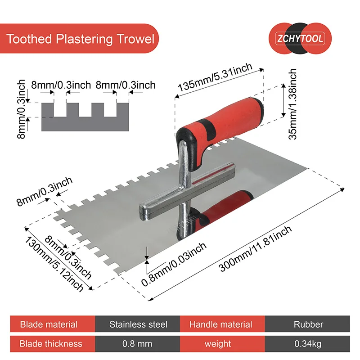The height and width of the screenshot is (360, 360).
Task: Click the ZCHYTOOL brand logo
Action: pos(301,39)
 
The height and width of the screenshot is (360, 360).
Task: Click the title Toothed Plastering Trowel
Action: pos(81,39)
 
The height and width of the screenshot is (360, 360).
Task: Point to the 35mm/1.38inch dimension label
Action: pos(293,104)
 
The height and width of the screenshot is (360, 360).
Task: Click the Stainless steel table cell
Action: pos(138,324)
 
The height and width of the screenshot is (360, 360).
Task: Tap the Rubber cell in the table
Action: pos(308,324)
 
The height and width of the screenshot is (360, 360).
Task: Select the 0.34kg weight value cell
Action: pos(308,344)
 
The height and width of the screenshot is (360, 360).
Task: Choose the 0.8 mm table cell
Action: pos(137,344)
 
